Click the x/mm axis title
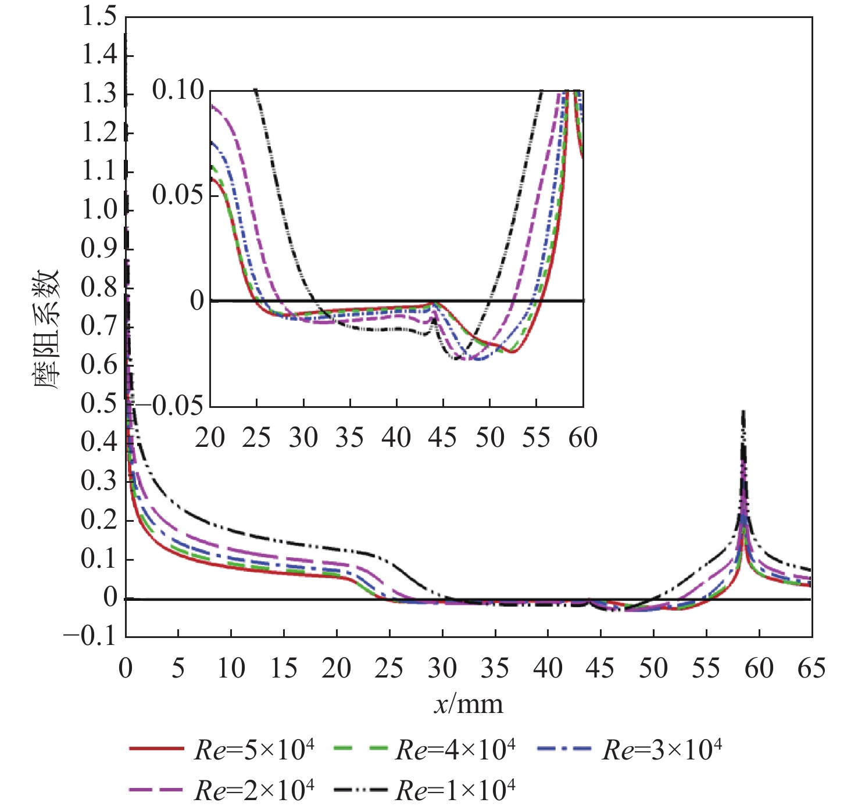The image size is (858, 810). [469, 704]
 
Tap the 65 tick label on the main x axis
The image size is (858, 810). [811, 668]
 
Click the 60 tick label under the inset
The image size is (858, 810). [583, 438]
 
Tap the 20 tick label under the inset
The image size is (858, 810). [210, 438]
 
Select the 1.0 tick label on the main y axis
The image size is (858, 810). [99, 210]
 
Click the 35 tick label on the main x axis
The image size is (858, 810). [495, 668]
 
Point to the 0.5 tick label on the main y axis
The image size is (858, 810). [99, 403]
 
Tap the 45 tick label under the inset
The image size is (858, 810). [443, 438]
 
